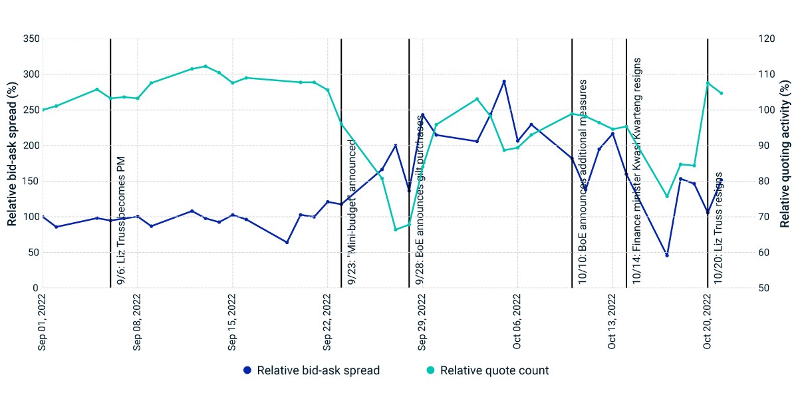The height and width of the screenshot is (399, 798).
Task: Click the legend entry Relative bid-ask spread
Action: [x=311, y=370]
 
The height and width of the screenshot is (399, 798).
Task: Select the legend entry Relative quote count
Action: [x=487, y=370]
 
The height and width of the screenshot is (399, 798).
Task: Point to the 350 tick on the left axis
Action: [x=31, y=39]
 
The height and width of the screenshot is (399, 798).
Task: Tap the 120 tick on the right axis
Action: [x=767, y=39]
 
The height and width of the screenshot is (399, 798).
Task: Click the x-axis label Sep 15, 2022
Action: [x=232, y=322]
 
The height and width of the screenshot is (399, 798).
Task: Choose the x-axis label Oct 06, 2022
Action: [x=517, y=322]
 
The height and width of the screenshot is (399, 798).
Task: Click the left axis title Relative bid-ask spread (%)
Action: [x=12, y=154]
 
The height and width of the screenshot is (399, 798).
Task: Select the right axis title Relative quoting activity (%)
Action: [x=785, y=154]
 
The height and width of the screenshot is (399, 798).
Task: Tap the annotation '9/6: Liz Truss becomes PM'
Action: [x=121, y=220]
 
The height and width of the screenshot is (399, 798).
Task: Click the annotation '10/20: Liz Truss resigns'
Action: [x=718, y=228]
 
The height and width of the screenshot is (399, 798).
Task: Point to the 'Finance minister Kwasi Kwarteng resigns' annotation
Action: [x=636, y=171]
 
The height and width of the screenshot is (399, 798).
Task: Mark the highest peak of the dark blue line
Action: [x=504, y=82]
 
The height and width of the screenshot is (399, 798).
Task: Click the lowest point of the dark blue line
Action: [x=667, y=255]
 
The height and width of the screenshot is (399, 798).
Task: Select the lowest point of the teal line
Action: [x=396, y=229]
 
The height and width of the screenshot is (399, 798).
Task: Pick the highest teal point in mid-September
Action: [x=205, y=66]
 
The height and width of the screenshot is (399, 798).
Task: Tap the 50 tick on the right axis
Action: [x=764, y=288]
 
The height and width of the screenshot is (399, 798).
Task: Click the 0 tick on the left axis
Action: [x=35, y=288]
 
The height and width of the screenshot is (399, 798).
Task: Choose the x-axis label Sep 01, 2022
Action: [x=42, y=322]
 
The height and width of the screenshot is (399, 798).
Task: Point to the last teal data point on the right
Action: [x=722, y=93]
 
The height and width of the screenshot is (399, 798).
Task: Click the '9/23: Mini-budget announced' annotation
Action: [x=352, y=212]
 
